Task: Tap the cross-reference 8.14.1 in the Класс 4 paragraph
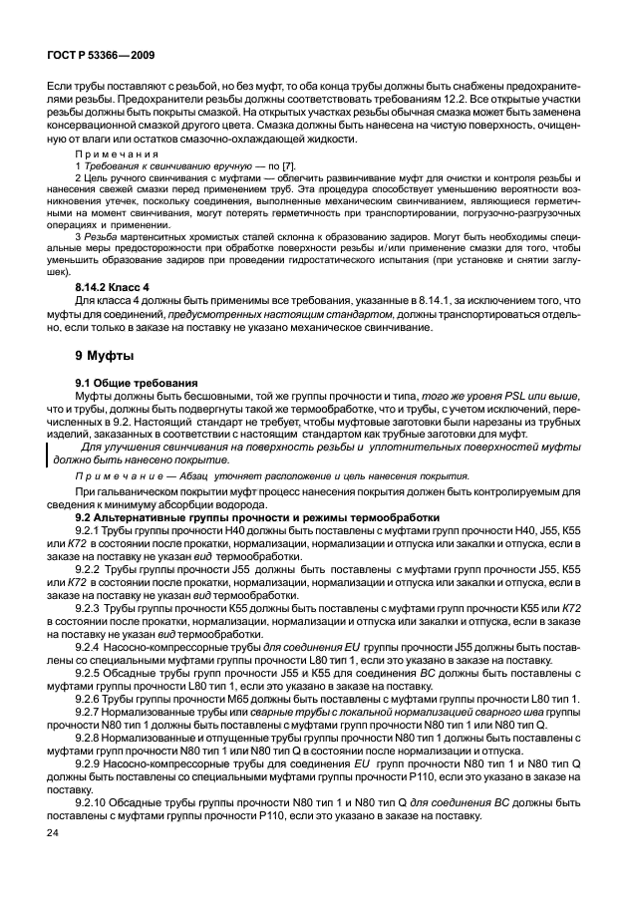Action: point(422,300)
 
